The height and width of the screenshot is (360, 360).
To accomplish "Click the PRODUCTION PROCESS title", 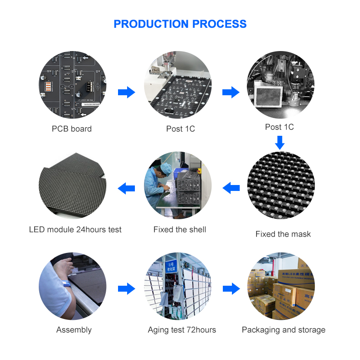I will [180, 24].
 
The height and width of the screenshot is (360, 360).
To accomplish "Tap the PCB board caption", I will [72, 129].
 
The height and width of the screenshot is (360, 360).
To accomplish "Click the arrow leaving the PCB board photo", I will [126, 93].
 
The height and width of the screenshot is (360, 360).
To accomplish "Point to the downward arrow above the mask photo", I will [280, 143].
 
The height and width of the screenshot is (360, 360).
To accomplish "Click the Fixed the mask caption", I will [283, 234].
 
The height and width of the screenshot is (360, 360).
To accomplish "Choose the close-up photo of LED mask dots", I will [281, 185].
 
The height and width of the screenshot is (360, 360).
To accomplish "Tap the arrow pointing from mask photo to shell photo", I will [231, 187].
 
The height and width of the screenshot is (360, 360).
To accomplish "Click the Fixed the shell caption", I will [180, 230].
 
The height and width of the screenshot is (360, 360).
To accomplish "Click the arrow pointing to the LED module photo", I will [126, 187].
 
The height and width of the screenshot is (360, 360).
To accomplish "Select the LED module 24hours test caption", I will [75, 230].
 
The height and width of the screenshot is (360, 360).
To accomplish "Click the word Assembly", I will [74, 330].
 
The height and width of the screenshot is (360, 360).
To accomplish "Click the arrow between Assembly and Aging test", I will [126, 288].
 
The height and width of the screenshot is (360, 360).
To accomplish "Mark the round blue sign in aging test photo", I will [171, 264].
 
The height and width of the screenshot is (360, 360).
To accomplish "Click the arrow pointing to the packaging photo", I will [231, 288].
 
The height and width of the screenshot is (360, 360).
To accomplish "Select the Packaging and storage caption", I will [283, 330].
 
